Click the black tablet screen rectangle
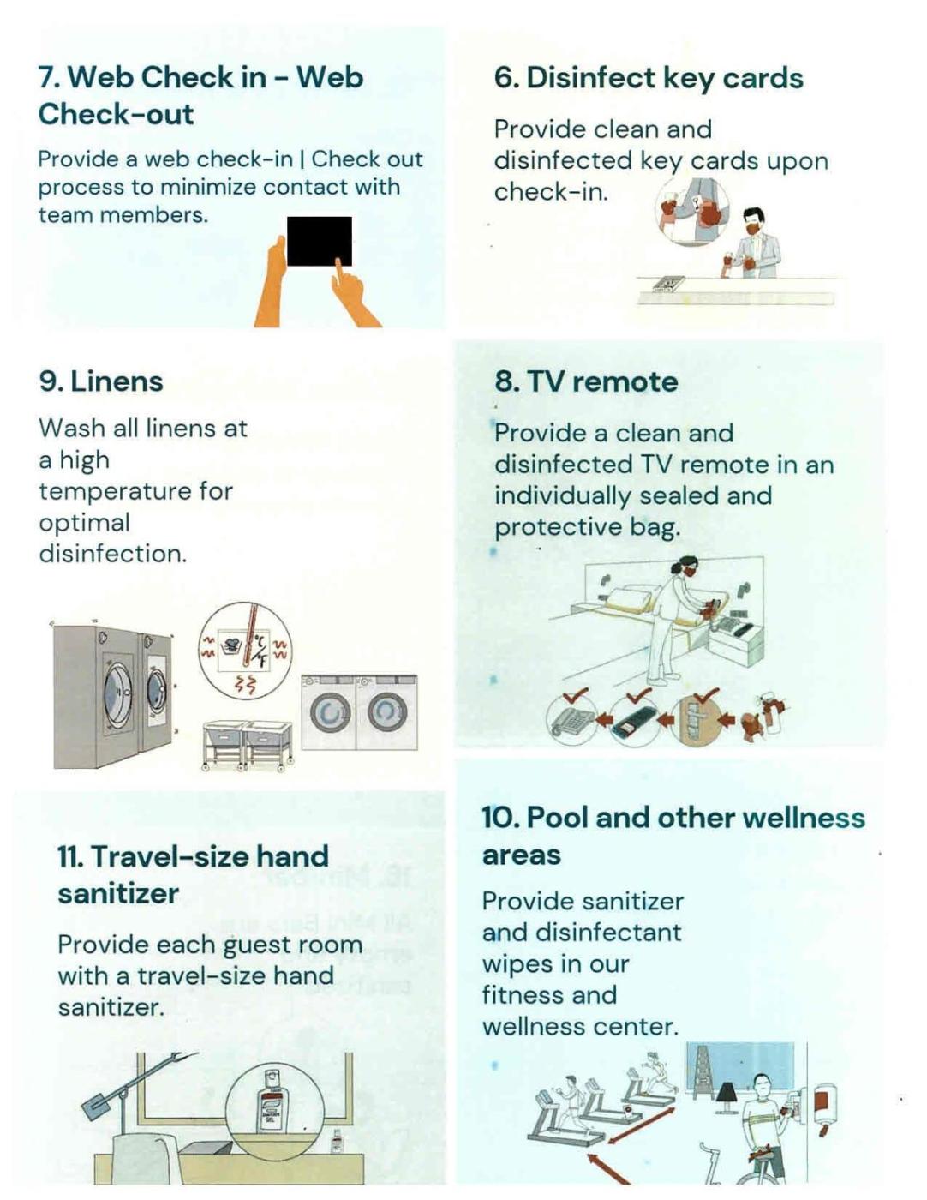coord(320,242)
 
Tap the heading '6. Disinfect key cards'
coord(649,78)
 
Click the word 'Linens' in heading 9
coord(117,381)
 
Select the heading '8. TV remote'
coord(586,381)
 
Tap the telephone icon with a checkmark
coord(571,719)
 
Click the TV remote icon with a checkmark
coord(634,719)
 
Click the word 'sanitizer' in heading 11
coord(118,893)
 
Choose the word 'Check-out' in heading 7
coord(116,114)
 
